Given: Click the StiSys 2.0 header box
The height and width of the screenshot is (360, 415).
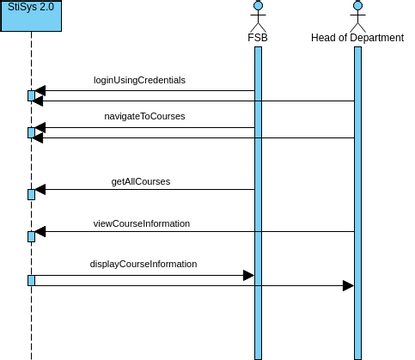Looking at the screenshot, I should (30, 15).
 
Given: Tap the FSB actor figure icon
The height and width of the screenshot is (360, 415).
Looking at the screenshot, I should (258, 15).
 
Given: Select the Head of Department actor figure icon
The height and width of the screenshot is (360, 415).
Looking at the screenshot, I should (358, 15).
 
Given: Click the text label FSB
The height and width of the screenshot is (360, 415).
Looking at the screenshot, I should (258, 38).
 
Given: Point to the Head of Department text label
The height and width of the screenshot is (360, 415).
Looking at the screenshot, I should (358, 38).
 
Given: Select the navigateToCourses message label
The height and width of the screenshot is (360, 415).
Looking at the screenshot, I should (144, 117).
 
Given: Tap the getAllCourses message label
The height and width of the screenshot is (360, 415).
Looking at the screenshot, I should (140, 182).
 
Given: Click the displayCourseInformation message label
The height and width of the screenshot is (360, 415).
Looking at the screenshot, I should (144, 265).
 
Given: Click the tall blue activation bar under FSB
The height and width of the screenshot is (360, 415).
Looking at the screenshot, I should (258, 200).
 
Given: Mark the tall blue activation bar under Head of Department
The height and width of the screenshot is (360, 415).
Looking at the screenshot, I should (358, 200).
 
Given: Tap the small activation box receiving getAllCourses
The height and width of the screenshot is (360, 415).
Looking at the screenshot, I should (31, 194).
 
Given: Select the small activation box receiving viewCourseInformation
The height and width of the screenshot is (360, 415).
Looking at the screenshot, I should (31, 236).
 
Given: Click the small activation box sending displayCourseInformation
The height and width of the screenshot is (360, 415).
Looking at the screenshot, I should (31, 280).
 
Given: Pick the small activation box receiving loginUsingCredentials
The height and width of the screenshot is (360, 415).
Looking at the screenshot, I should (31, 96).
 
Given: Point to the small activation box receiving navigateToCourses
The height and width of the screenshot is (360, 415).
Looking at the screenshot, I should (31, 133).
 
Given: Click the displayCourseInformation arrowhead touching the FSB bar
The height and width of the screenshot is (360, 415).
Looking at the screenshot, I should (248, 275).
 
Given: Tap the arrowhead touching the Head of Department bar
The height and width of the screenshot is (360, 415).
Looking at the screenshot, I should (348, 286).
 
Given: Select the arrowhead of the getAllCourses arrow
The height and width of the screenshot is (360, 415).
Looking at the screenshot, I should (41, 190).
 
